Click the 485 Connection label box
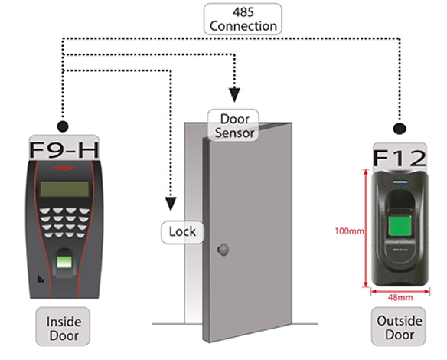point(243,19)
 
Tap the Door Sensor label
point(233,125)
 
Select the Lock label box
point(182,232)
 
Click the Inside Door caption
point(63,326)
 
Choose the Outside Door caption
point(399,326)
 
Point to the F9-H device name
point(64,149)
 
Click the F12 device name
point(400,158)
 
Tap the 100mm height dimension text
point(350,231)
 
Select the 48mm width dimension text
point(400,297)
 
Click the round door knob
point(223,250)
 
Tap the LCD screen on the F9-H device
point(64,189)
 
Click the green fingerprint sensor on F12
point(400,226)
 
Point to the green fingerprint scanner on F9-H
point(64,263)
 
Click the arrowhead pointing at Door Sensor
point(234,95)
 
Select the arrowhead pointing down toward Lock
point(171,204)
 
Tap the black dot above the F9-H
point(63,126)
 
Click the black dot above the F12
point(400,129)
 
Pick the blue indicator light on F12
point(400,182)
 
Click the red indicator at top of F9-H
point(64,168)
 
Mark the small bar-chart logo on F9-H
point(41,279)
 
